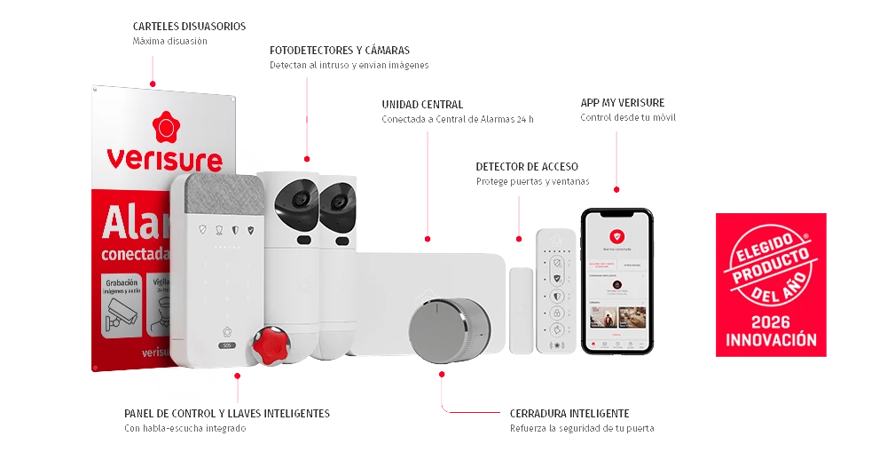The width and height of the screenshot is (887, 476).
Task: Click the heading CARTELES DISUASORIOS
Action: click(189, 27)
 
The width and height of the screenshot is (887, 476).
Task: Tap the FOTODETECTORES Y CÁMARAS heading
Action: click(340, 50)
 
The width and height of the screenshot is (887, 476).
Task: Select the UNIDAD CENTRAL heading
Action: click(422, 104)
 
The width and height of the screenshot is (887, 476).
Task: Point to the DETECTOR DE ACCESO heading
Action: click(528, 166)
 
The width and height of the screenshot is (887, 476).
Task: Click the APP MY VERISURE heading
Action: click(624, 102)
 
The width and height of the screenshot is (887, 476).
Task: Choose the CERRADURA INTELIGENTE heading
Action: click(570, 413)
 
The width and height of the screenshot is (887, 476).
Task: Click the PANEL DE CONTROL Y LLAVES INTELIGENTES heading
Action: click(226, 413)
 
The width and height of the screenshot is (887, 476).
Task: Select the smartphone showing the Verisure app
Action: click(617, 280)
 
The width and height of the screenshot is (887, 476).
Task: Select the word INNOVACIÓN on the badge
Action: click(771, 340)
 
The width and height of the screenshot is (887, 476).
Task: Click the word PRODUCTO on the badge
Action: click(770, 264)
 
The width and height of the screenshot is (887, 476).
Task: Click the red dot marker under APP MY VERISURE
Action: click(617, 189)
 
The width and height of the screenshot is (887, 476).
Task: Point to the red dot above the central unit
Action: click(428, 238)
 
